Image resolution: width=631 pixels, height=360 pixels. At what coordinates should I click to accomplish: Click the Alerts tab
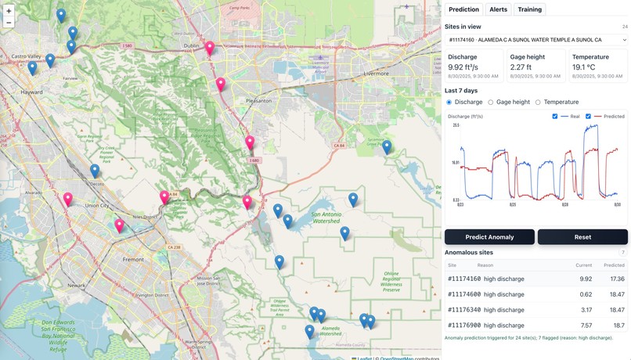pos(498,9)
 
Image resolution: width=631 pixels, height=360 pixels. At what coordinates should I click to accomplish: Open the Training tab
pos(529,9)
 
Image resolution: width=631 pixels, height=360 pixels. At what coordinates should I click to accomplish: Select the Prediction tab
pos(463,9)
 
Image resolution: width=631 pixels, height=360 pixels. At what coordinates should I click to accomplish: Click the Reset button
pos(582,237)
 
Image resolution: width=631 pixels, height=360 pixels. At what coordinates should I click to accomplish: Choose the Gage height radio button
pos(491,103)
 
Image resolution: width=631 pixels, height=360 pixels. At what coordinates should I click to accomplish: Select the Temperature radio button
pos(538,103)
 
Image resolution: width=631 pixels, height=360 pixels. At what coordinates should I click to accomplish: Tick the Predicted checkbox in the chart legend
pos(589,117)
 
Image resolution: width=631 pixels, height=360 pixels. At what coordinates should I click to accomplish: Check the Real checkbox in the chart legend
pos(555,117)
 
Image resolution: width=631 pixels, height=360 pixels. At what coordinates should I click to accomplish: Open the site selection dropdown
pos(536,39)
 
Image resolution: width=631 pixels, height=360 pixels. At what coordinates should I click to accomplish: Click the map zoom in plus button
pos(9,11)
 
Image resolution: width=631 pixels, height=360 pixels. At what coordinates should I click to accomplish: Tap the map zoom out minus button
pos(9,23)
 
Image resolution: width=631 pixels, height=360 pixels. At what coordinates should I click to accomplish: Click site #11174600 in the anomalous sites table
pos(464,294)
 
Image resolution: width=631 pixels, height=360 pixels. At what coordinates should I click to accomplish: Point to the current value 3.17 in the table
pos(586,310)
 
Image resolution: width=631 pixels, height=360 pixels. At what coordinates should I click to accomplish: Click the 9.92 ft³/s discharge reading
pos(464,67)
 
